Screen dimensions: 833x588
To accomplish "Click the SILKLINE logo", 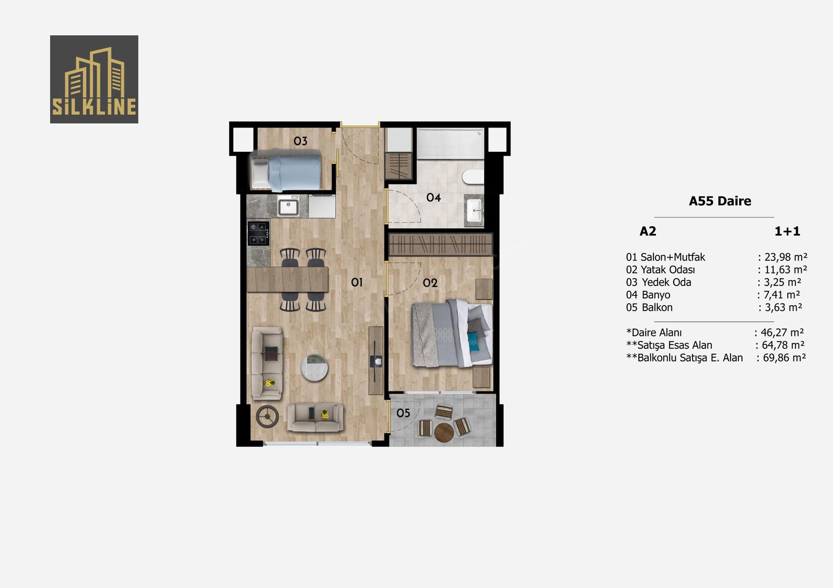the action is pyautogui.click(x=94, y=79).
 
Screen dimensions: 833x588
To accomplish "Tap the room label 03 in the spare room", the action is pyautogui.click(x=300, y=141).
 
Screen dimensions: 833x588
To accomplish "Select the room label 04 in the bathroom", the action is pyautogui.click(x=434, y=197).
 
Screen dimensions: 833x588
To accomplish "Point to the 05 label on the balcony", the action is pyautogui.click(x=403, y=413).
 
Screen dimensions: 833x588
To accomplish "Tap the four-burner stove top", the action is pyautogui.click(x=258, y=233).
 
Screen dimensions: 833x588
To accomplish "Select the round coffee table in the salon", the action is pyautogui.click(x=314, y=368).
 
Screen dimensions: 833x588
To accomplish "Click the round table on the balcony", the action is pyautogui.click(x=444, y=433).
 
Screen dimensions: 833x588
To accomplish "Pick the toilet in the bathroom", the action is pyautogui.click(x=473, y=177).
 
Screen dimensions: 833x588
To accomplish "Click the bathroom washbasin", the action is pyautogui.click(x=475, y=210).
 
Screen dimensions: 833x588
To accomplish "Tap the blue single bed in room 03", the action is pyautogui.click(x=286, y=173).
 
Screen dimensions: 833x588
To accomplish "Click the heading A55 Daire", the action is pyautogui.click(x=720, y=201).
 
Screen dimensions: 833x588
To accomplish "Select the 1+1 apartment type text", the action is pyautogui.click(x=787, y=231).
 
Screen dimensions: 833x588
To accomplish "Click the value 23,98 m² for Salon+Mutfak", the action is pyautogui.click(x=786, y=257).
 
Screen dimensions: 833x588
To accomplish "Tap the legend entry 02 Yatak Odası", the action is pyautogui.click(x=660, y=270).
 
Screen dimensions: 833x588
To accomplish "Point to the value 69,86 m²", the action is pyautogui.click(x=784, y=358).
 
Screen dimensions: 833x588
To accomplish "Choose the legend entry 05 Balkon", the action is pyautogui.click(x=649, y=308).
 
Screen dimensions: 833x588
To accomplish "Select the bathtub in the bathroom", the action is pyautogui.click(x=450, y=143).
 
